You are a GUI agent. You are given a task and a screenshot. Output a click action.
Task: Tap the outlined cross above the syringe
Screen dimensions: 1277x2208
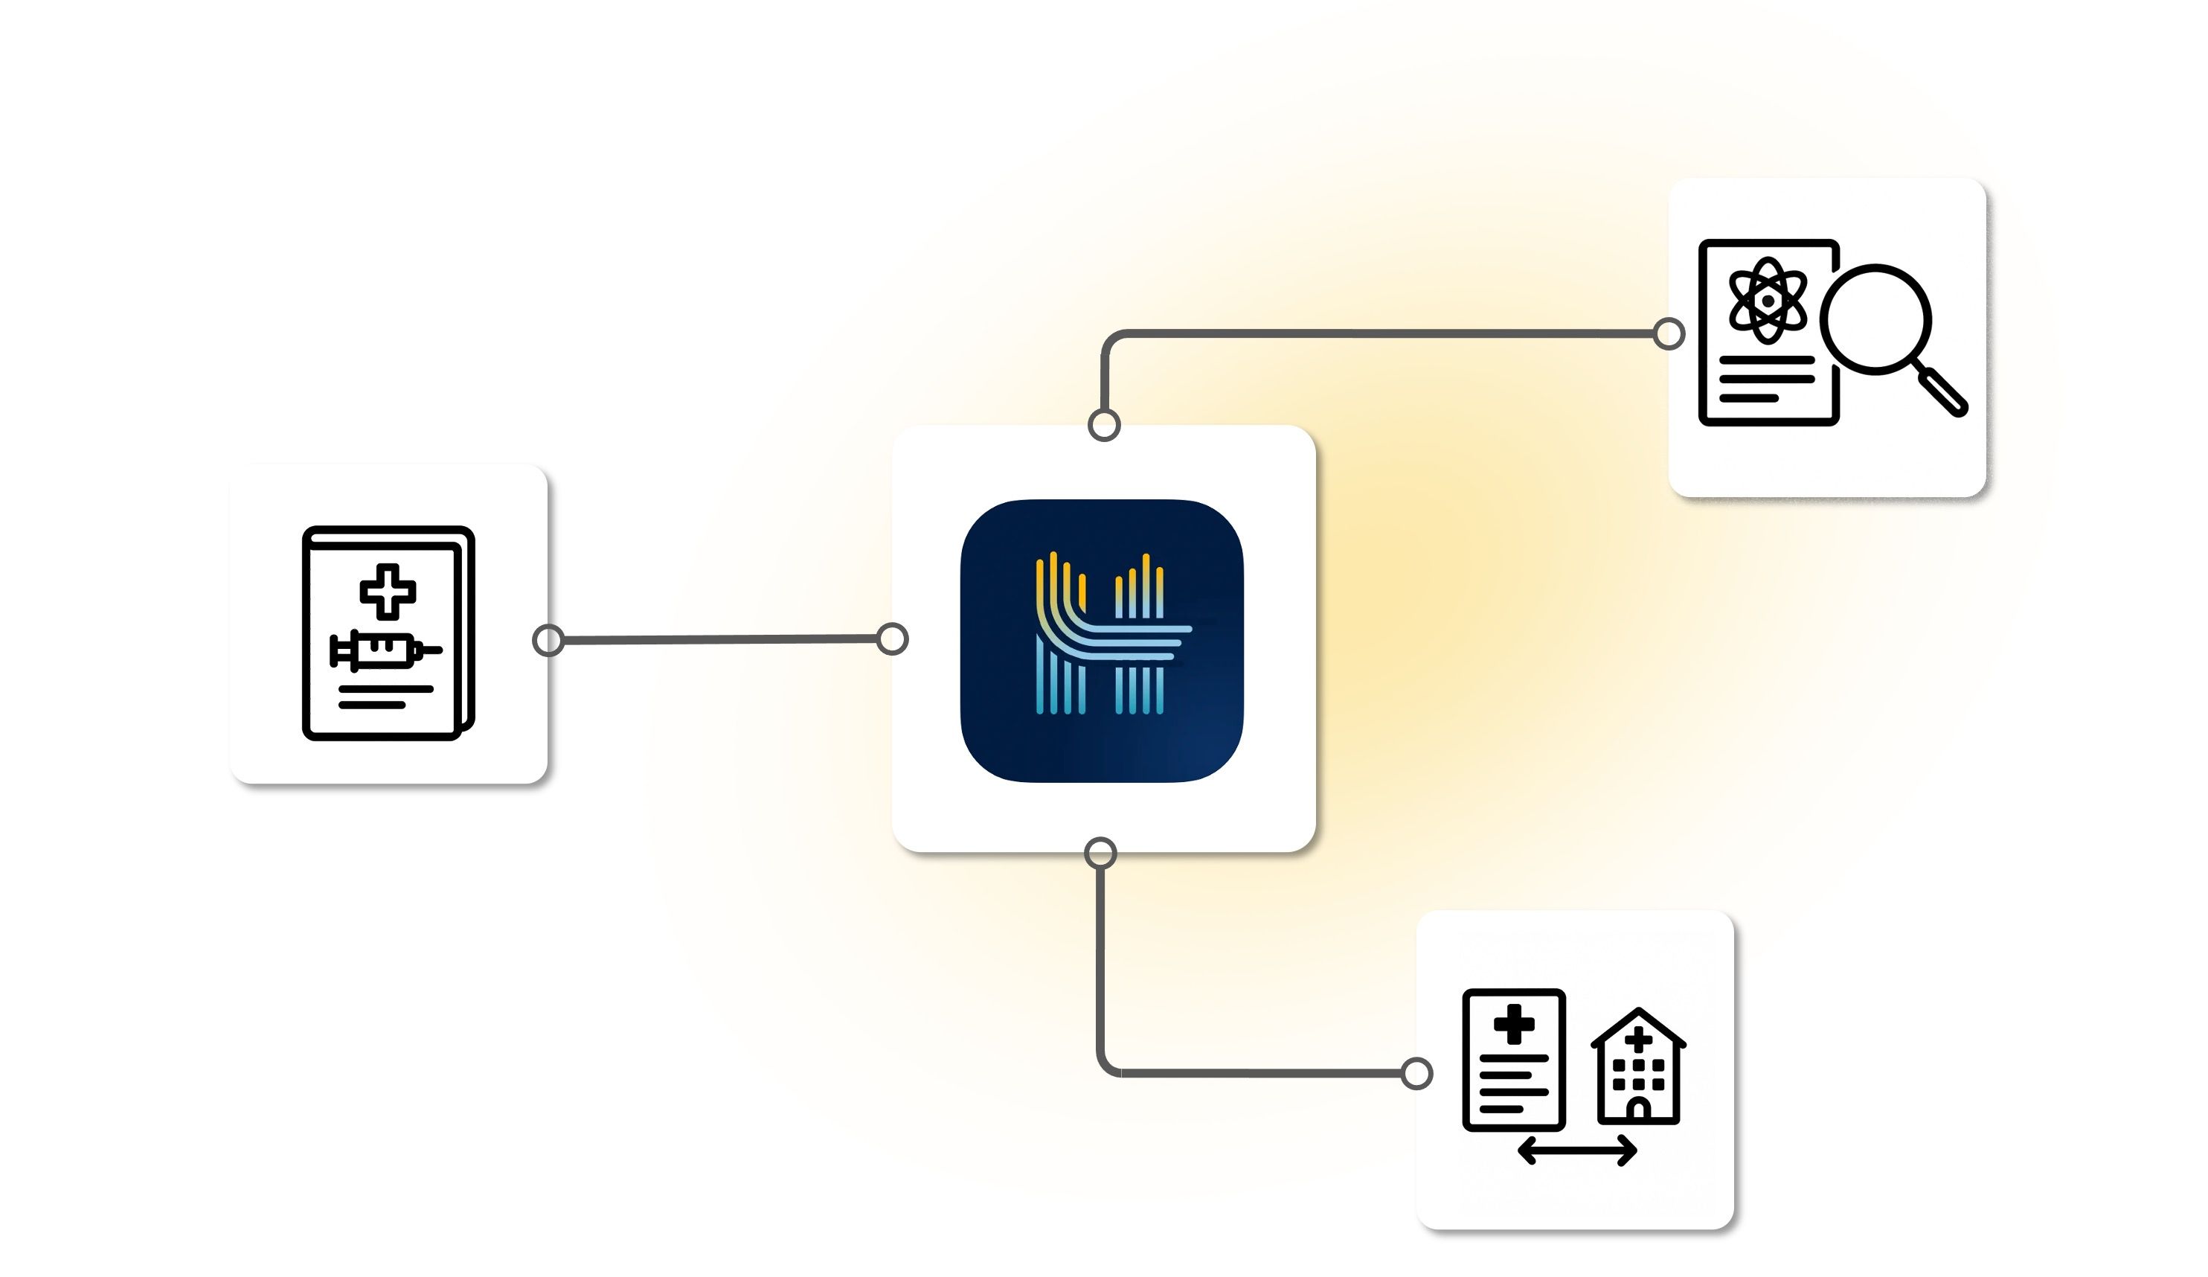pos(388,591)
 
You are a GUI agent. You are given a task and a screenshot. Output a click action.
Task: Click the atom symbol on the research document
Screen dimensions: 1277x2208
pos(1768,301)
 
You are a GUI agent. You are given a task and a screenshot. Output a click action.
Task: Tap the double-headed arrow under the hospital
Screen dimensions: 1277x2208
pos(1576,1150)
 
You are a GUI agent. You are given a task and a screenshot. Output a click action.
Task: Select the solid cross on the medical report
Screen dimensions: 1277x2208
pos(1513,1025)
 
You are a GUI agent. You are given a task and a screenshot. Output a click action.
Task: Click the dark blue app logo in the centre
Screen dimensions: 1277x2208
pos(1101,641)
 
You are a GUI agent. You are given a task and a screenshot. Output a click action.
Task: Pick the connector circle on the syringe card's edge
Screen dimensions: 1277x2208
pos(548,641)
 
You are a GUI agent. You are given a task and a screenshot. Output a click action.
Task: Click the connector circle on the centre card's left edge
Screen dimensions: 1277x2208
pos(892,639)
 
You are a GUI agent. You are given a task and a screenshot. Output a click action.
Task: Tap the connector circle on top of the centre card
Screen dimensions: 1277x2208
pos(1104,425)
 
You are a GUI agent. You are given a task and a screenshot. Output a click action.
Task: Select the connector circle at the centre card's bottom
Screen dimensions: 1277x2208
pos(1100,853)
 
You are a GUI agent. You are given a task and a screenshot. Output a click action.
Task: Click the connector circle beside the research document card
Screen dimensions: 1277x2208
pos(1668,334)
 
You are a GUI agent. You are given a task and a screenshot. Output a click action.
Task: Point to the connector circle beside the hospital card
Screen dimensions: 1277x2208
pos(1416,1074)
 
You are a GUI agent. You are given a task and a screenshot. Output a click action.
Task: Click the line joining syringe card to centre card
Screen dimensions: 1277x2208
pos(719,640)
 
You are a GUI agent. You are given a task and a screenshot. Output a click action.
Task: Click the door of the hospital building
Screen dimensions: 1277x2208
pos(1637,1110)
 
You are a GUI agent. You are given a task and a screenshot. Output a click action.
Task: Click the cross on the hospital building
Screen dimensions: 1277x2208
pos(1637,1040)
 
